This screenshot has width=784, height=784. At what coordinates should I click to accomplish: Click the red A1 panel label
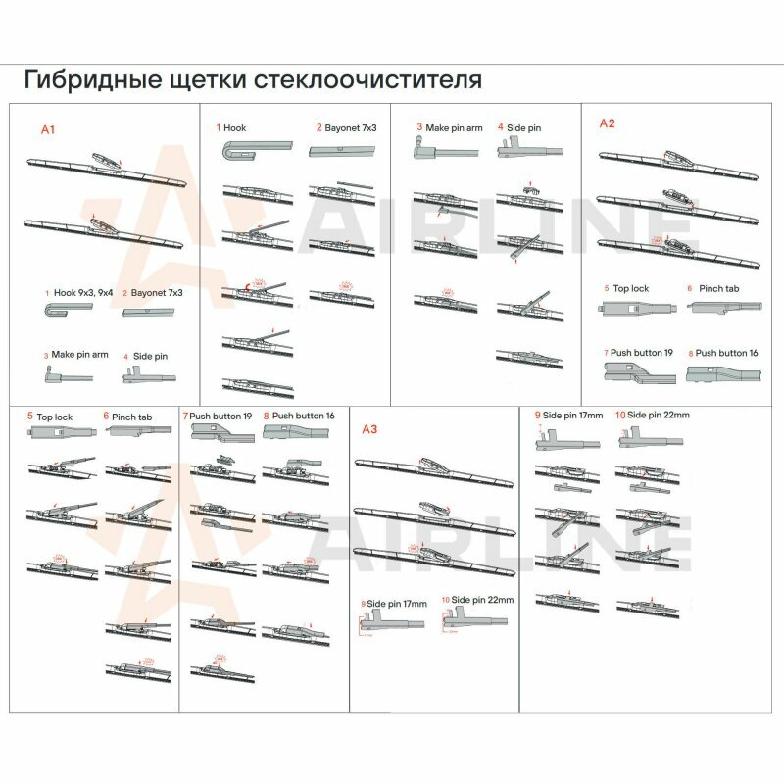(x=49, y=129)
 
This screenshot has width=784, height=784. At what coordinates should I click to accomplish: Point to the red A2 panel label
(x=607, y=123)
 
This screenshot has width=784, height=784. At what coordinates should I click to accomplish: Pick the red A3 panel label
(x=369, y=429)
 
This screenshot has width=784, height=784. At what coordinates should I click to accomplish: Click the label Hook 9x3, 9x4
(x=83, y=292)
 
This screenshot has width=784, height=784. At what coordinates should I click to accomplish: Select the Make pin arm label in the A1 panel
(x=79, y=355)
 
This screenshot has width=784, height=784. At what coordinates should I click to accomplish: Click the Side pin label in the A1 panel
(x=150, y=356)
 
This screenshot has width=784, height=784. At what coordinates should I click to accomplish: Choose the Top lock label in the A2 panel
(x=631, y=289)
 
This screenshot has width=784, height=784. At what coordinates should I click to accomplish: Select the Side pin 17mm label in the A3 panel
(x=399, y=600)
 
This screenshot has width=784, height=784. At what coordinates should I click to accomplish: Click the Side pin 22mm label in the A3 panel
(x=481, y=599)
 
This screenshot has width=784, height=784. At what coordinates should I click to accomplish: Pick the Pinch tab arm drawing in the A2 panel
(x=720, y=308)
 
